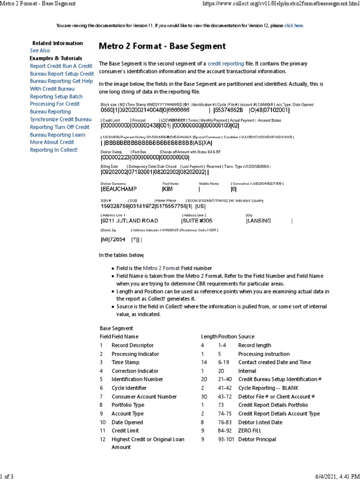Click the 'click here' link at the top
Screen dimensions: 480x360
(x=294, y=26)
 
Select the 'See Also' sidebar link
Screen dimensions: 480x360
(x=40, y=51)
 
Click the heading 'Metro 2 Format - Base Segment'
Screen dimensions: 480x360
(x=162, y=46)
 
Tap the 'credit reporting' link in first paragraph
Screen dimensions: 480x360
(x=226, y=63)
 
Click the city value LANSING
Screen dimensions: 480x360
(x=259, y=221)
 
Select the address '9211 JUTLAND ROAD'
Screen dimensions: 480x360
(x=129, y=221)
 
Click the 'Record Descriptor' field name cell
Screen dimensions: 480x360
(x=132, y=345)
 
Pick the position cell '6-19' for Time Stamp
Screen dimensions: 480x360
(x=224, y=362)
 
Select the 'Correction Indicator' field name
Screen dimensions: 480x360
(x=135, y=371)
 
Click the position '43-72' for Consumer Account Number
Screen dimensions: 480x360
(x=225, y=397)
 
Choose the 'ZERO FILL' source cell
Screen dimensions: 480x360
(x=253, y=431)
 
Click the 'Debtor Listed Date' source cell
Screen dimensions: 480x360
(x=260, y=422)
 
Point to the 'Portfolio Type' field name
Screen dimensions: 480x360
(x=128, y=405)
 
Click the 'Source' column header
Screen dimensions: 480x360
(x=247, y=337)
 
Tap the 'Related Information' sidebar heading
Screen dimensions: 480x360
(x=57, y=43)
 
